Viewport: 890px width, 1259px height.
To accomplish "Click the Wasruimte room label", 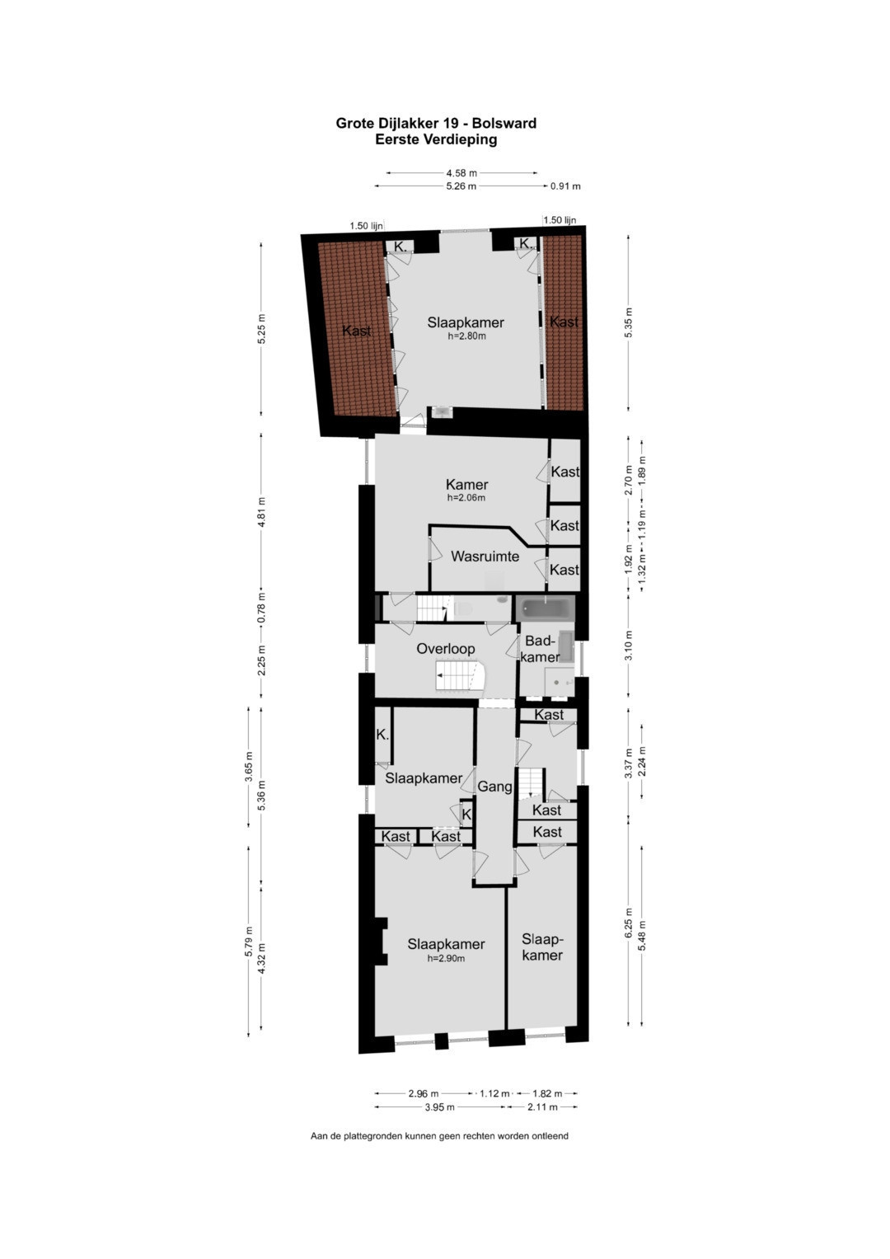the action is (485, 557).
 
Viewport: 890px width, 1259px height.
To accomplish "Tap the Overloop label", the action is (446, 649).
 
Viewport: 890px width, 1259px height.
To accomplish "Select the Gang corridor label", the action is (494, 787).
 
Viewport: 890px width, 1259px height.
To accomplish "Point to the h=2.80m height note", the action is (466, 336).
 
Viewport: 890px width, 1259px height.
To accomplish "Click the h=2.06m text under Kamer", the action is (466, 497).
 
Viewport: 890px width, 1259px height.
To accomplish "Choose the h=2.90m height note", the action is (446, 958).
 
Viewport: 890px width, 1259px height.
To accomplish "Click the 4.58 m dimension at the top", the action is (461, 173).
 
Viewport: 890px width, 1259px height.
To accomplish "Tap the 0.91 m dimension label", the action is (565, 186).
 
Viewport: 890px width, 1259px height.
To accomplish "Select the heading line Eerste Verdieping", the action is (436, 139).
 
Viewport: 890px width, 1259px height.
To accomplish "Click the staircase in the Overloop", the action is (460, 676).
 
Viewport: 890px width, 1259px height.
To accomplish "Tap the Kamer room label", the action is (467, 485).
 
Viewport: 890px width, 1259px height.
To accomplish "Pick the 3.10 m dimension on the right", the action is (629, 646).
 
